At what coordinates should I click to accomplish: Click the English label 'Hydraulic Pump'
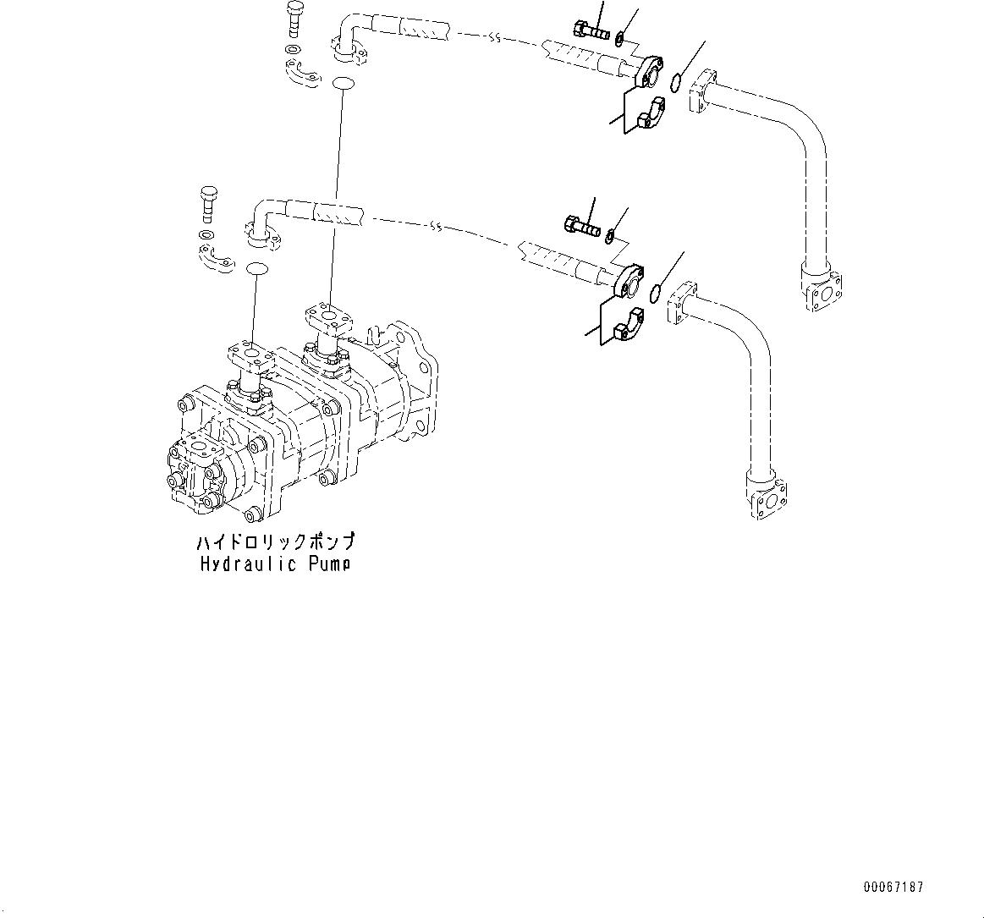(x=275, y=563)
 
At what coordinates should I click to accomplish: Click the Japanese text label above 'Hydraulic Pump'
(x=275, y=542)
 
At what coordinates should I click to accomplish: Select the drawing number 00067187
(x=893, y=887)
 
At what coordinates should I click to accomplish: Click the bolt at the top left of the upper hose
(x=294, y=18)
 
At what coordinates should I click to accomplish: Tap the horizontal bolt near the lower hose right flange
(x=580, y=226)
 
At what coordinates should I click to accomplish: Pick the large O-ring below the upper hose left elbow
(x=343, y=83)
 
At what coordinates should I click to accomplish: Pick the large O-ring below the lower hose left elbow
(x=256, y=269)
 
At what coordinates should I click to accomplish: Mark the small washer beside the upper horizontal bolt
(x=620, y=37)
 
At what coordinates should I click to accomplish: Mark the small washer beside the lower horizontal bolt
(x=611, y=231)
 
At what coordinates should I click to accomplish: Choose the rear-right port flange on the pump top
(x=327, y=318)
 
